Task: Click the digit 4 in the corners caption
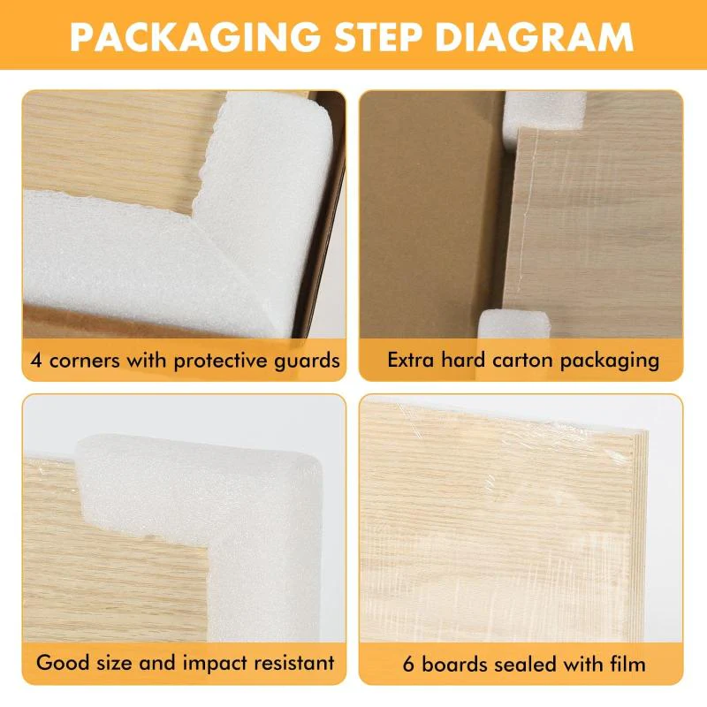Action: coord(36,361)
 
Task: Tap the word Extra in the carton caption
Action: coord(410,361)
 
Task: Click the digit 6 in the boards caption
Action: coord(408,663)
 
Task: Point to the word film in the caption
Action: coord(627,663)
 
